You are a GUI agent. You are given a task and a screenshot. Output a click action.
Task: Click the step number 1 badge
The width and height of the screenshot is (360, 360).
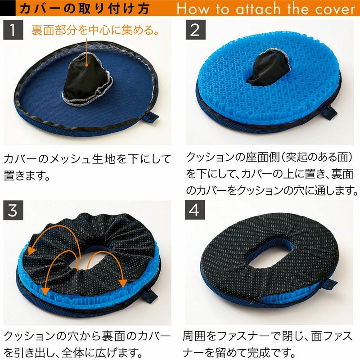13,30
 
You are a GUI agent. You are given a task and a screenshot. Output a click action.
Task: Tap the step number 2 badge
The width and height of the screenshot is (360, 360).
196,30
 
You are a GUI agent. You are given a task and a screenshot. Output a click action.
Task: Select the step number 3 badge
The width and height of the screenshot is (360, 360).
13,210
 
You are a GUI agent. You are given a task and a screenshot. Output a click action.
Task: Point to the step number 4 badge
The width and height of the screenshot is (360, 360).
195,210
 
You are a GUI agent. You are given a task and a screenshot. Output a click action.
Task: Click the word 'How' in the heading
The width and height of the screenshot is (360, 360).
193,9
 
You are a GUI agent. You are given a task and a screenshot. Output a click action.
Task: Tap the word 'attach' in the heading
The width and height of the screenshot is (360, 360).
258,9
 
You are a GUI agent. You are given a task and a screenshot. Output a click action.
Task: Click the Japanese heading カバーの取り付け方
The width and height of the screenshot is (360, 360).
85,9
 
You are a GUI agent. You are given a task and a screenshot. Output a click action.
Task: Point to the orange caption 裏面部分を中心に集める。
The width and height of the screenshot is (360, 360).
95,30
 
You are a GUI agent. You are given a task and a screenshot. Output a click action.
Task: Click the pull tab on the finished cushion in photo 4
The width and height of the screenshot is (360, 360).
328,284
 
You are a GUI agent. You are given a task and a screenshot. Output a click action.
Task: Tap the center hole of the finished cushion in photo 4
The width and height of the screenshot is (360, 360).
269,254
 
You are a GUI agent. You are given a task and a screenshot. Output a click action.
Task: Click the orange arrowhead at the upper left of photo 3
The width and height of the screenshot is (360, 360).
31,251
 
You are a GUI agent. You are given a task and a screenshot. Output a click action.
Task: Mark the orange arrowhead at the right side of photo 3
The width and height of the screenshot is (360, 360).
123,283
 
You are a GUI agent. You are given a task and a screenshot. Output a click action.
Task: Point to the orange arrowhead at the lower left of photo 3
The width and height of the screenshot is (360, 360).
45,291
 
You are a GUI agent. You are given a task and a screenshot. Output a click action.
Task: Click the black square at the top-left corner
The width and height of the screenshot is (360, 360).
8,8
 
